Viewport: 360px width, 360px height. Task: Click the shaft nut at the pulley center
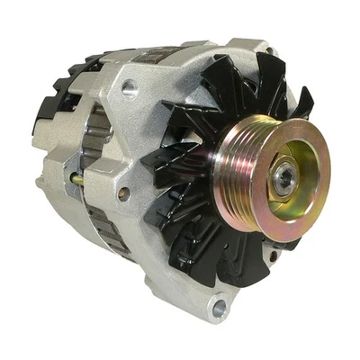[x=284, y=178]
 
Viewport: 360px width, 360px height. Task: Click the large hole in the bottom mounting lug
[x=219, y=309]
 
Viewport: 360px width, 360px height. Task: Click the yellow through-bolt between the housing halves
[x=78, y=181]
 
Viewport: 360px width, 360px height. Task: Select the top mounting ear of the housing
[x=252, y=49]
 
